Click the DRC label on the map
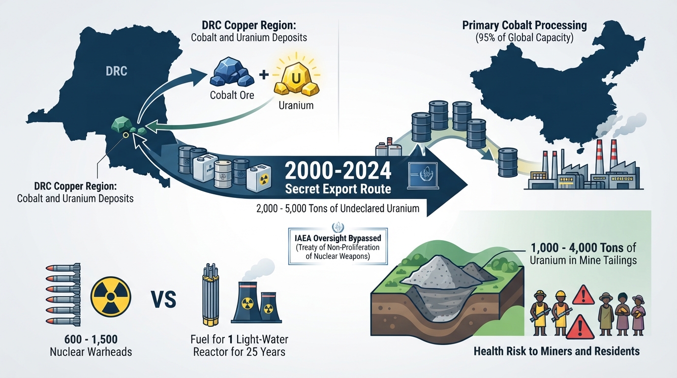(x=116, y=71)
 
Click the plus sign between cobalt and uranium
(x=264, y=74)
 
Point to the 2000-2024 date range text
(x=338, y=171)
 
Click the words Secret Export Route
(x=338, y=189)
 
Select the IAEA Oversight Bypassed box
(x=338, y=247)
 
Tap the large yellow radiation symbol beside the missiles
(x=111, y=297)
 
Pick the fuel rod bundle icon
(x=211, y=294)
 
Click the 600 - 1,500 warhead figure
(x=91, y=339)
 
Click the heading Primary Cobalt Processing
(x=524, y=25)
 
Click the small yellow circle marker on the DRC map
(x=126, y=135)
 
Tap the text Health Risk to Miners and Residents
(x=556, y=351)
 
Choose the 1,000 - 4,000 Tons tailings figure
(x=577, y=248)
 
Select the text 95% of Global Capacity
(x=524, y=38)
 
